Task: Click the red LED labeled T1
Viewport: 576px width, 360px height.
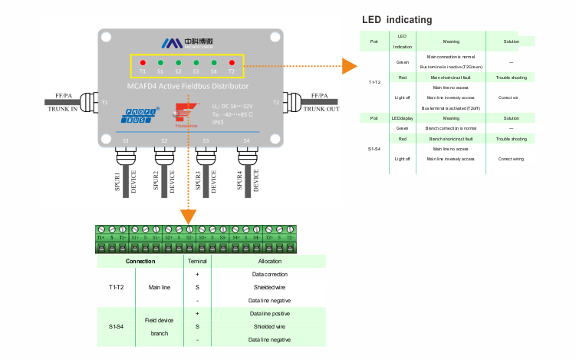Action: [143, 62]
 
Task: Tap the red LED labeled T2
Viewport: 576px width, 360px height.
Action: [232, 62]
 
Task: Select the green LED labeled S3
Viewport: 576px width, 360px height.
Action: [196, 62]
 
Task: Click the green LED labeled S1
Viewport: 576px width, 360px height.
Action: [160, 62]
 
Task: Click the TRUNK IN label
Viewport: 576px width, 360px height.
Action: [64, 108]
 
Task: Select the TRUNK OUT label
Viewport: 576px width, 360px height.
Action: [322, 108]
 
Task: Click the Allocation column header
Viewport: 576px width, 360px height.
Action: [269, 262]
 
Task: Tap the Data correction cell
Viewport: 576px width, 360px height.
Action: [269, 274]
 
